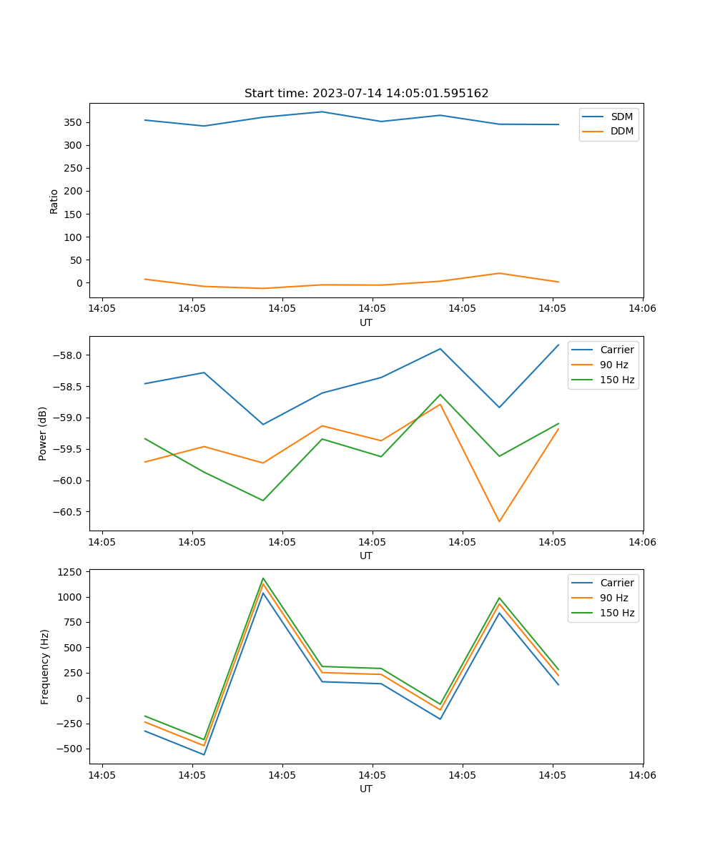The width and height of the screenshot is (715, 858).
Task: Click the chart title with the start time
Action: tap(366, 94)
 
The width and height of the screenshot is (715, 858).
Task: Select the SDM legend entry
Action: tap(621, 117)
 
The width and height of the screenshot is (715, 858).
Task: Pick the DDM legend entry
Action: tap(621, 131)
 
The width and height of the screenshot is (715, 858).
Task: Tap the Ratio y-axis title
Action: tap(54, 201)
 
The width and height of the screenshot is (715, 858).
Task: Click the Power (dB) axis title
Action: tap(44, 433)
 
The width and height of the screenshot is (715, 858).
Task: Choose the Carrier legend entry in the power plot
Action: tap(616, 350)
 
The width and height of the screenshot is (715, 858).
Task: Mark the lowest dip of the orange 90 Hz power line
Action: tap(499, 521)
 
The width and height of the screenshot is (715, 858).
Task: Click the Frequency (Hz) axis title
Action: tap(45, 666)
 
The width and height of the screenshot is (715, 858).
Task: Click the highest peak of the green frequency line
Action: tap(263, 578)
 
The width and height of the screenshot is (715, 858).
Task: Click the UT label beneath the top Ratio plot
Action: tap(366, 322)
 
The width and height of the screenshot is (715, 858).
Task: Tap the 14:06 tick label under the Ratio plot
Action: tap(642, 309)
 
